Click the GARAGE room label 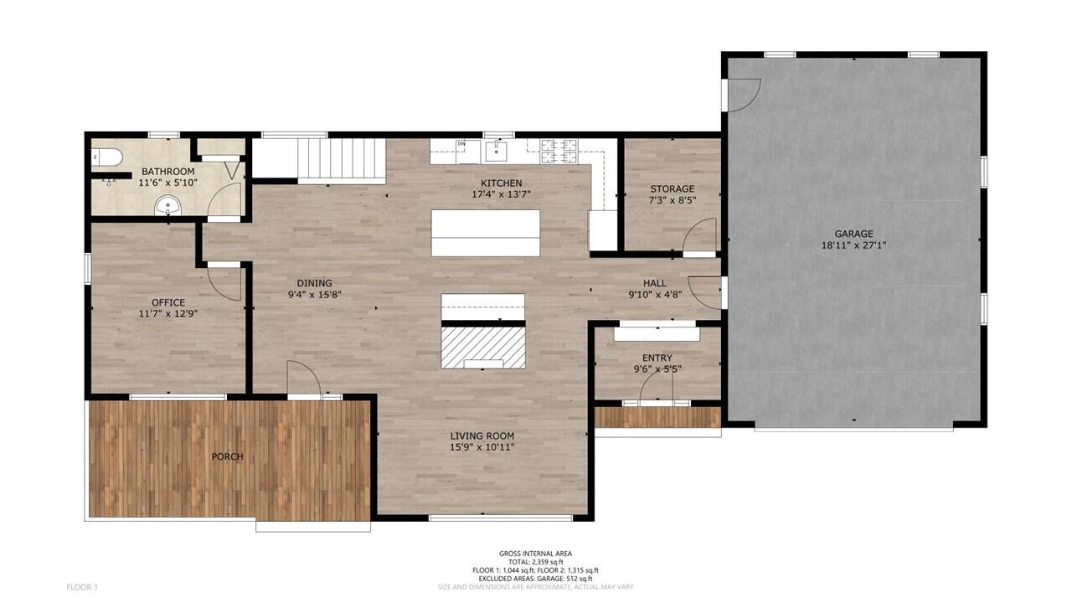click(x=853, y=234)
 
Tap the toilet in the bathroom click(x=108, y=157)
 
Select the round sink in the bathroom click(x=168, y=204)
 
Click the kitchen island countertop click(x=486, y=233)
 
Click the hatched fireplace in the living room click(x=483, y=347)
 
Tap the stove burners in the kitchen click(x=559, y=151)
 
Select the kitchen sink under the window click(x=495, y=151)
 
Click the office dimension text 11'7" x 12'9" click(x=168, y=313)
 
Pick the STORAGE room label click(x=673, y=189)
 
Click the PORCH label click(x=227, y=456)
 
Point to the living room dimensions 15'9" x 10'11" click(x=482, y=447)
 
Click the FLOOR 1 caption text click(x=82, y=587)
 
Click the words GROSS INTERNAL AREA click(x=535, y=554)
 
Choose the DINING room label click(x=315, y=283)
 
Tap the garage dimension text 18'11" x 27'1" click(x=853, y=245)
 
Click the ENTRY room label click(x=657, y=358)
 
